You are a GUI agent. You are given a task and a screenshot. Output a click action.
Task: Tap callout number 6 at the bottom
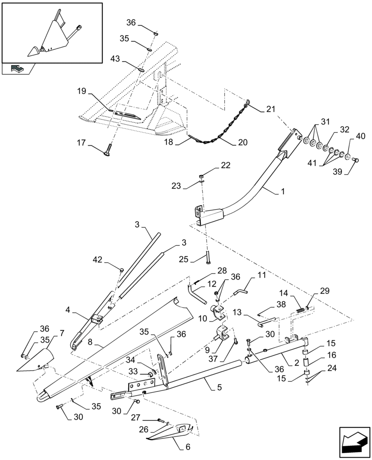click(188, 447)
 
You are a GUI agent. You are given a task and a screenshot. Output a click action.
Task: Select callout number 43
click(115, 58)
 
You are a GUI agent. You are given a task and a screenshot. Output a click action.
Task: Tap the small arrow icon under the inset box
click(17, 69)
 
